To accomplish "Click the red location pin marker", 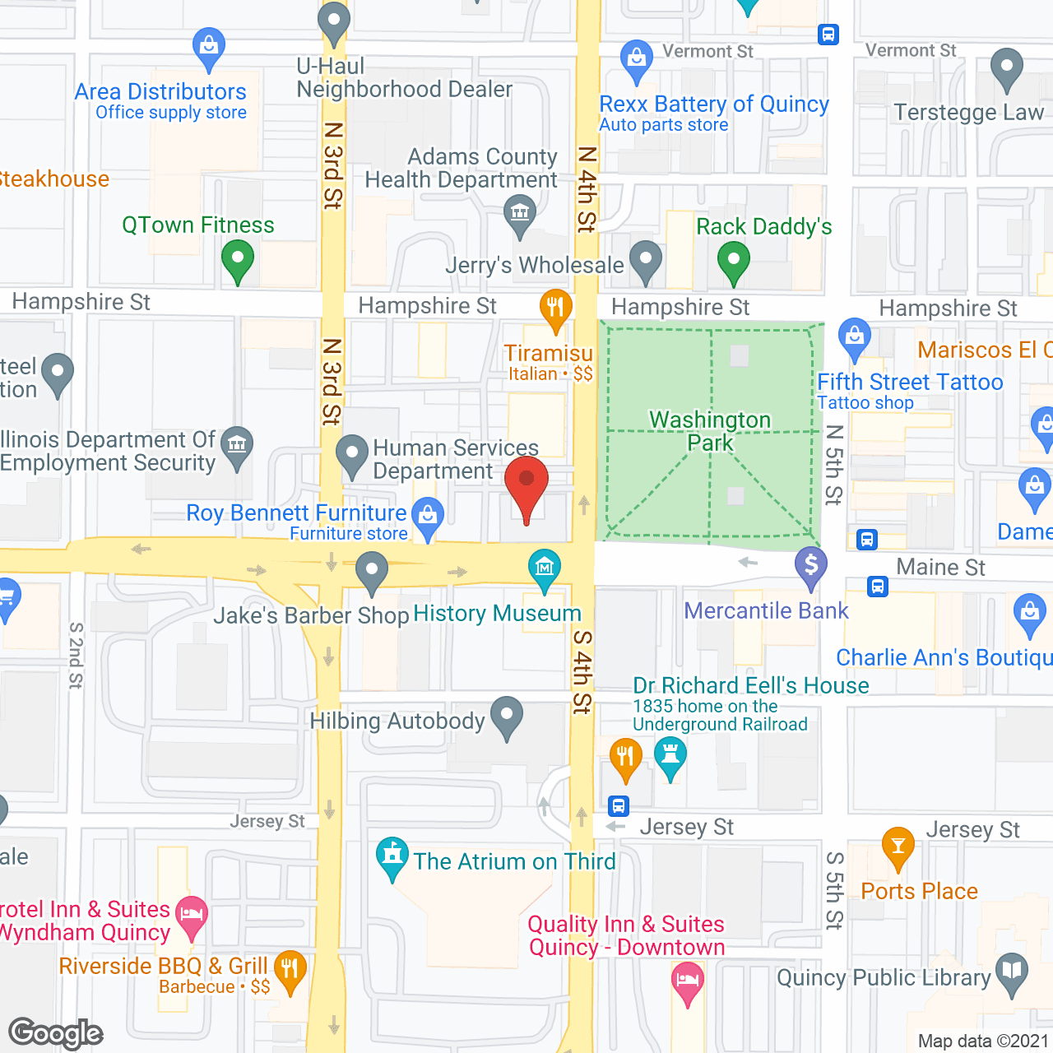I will coord(526,485).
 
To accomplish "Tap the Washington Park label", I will coord(710,431).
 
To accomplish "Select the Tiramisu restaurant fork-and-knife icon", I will coord(556,309).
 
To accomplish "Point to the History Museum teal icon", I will coord(545,567).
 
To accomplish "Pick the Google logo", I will coord(56,1033).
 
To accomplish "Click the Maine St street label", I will coord(940,567).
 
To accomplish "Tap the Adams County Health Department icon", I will coord(520,214).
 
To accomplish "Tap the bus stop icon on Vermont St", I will coord(828,35).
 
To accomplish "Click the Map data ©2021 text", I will coord(983,1041).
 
